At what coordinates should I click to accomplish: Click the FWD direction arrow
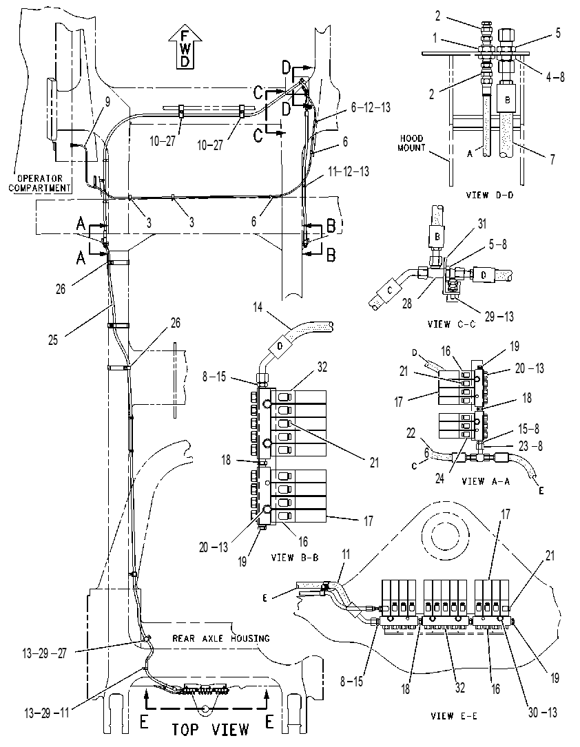(185, 48)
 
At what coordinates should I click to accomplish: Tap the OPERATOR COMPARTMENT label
(39, 183)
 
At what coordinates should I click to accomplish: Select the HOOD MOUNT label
(411, 143)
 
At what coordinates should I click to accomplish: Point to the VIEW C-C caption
(452, 324)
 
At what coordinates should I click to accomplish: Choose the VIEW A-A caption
(486, 481)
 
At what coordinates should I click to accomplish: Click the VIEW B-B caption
(295, 557)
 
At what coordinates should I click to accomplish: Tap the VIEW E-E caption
(454, 716)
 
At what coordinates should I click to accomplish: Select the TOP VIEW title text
(210, 729)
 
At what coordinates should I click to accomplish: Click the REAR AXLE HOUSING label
(220, 638)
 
